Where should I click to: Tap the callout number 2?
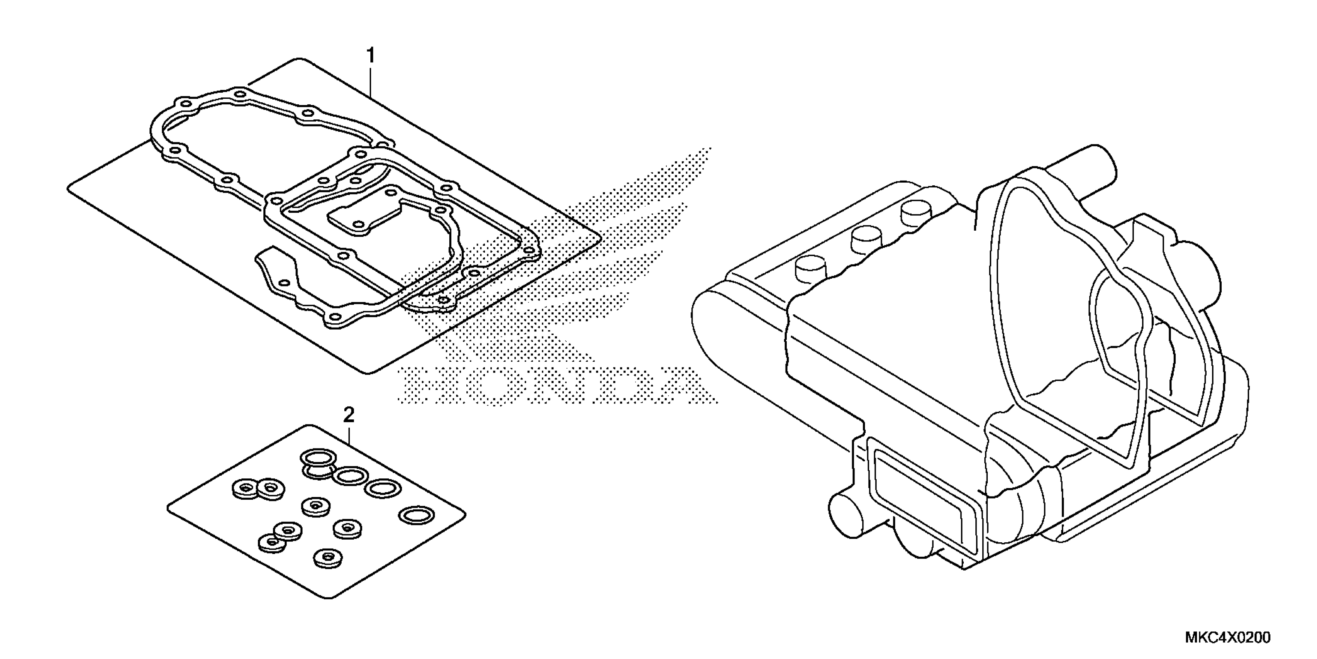coord(349,415)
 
